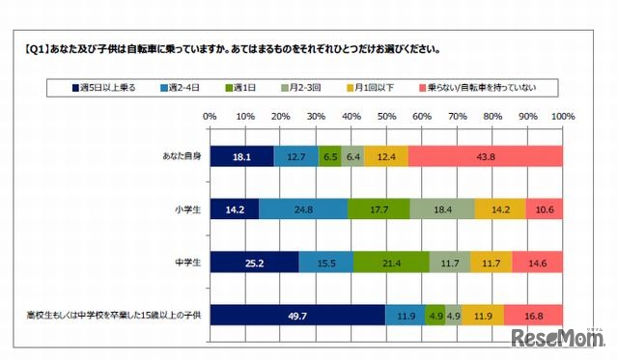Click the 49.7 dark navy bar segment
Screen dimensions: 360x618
[297, 315]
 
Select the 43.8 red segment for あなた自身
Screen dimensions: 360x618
[486, 156]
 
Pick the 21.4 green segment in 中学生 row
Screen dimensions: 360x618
[391, 262]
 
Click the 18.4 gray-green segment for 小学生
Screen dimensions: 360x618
[442, 208]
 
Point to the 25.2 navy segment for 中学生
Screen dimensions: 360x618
[254, 262]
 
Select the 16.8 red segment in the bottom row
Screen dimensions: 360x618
[533, 315]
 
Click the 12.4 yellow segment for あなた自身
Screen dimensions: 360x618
[386, 156]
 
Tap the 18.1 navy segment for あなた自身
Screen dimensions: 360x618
[241, 156]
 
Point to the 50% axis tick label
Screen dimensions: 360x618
[386, 117]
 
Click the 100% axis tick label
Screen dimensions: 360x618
[562, 117]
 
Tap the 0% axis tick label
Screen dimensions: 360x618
[210, 117]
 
